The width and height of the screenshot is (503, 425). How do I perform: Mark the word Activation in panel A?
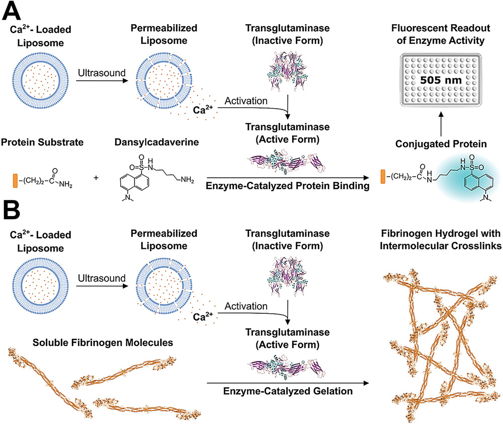pyautogui.click(x=245, y=101)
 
